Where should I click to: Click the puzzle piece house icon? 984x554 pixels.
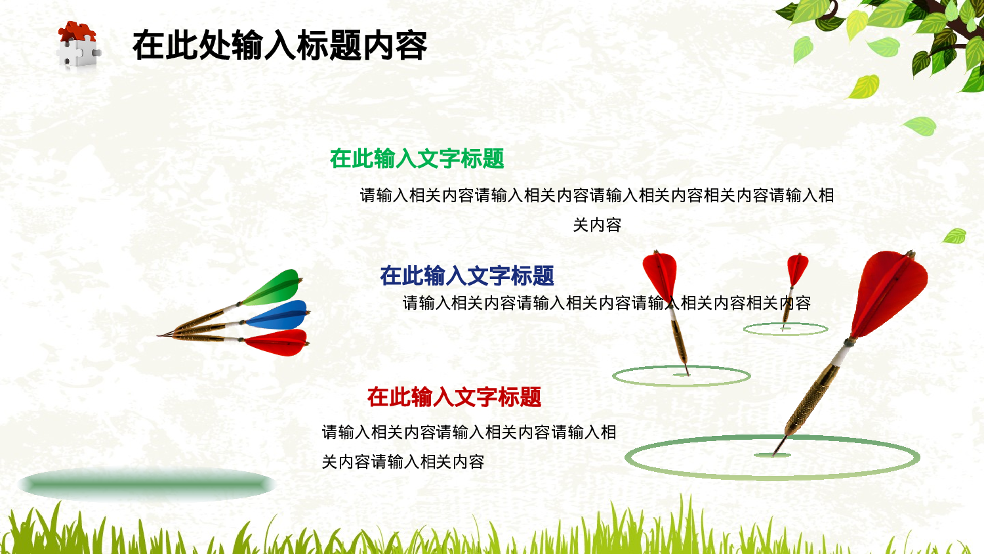tap(77, 45)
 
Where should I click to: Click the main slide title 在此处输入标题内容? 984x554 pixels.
tap(279, 46)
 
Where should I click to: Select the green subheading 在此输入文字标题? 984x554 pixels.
tap(417, 158)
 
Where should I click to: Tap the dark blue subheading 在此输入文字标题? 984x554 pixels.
tap(466, 276)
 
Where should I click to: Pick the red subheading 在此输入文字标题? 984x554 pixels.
tap(454, 396)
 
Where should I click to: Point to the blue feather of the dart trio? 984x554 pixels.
tap(279, 316)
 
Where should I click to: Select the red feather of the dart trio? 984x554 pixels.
tap(278, 342)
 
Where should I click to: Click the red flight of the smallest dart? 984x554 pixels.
tap(797, 268)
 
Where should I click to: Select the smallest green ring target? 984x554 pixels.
tap(785, 330)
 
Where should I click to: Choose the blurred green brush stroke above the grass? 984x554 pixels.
tap(147, 484)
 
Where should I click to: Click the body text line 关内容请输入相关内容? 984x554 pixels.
tap(403, 462)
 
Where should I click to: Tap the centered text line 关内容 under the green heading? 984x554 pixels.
tap(597, 225)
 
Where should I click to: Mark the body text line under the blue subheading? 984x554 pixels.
tap(606, 303)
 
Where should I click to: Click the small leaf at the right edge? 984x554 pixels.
tap(954, 236)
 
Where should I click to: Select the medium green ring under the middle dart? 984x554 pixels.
tap(681, 376)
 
